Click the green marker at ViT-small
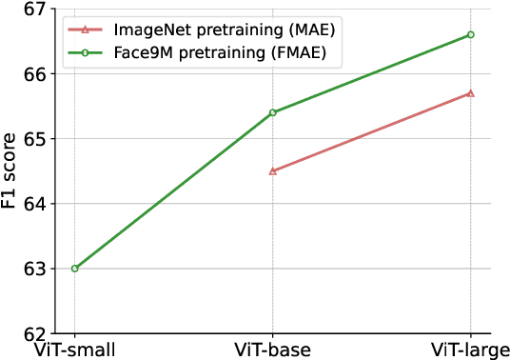[x=74, y=269]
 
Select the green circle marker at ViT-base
[x=273, y=112]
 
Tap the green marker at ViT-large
[x=471, y=34]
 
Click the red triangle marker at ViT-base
[x=273, y=171]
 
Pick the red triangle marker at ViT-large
[x=471, y=93]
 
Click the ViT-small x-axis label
[x=74, y=349]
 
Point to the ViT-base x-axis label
[x=273, y=349]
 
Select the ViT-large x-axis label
[x=471, y=349]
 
